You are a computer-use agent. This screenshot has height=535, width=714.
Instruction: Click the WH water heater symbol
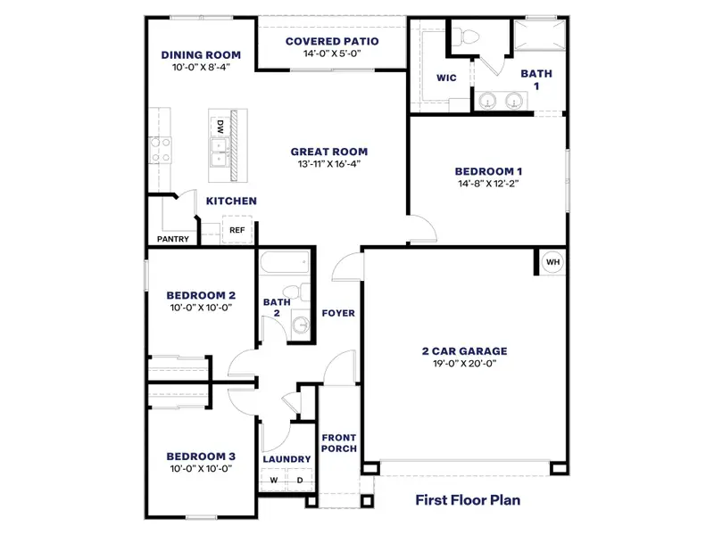(552, 262)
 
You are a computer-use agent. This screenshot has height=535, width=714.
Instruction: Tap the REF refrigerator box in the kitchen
(237, 230)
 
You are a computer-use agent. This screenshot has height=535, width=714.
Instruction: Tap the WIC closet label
(446, 78)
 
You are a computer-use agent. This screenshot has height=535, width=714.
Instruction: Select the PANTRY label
(172, 239)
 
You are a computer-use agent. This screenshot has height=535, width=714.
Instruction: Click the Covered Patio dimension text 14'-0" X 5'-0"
(331, 53)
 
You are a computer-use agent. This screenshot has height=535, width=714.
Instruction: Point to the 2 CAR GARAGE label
(464, 351)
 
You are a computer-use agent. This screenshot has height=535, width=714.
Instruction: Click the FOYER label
(339, 313)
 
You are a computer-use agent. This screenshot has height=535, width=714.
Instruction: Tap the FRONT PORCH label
(339, 442)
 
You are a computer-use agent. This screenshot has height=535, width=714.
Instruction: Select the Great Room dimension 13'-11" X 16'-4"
(329, 163)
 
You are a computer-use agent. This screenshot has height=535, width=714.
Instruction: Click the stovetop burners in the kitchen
(161, 149)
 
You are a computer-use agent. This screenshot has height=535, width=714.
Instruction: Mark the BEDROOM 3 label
(201, 456)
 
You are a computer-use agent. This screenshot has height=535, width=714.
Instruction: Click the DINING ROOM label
(201, 53)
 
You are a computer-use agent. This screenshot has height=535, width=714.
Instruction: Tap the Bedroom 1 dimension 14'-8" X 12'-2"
(487, 184)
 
